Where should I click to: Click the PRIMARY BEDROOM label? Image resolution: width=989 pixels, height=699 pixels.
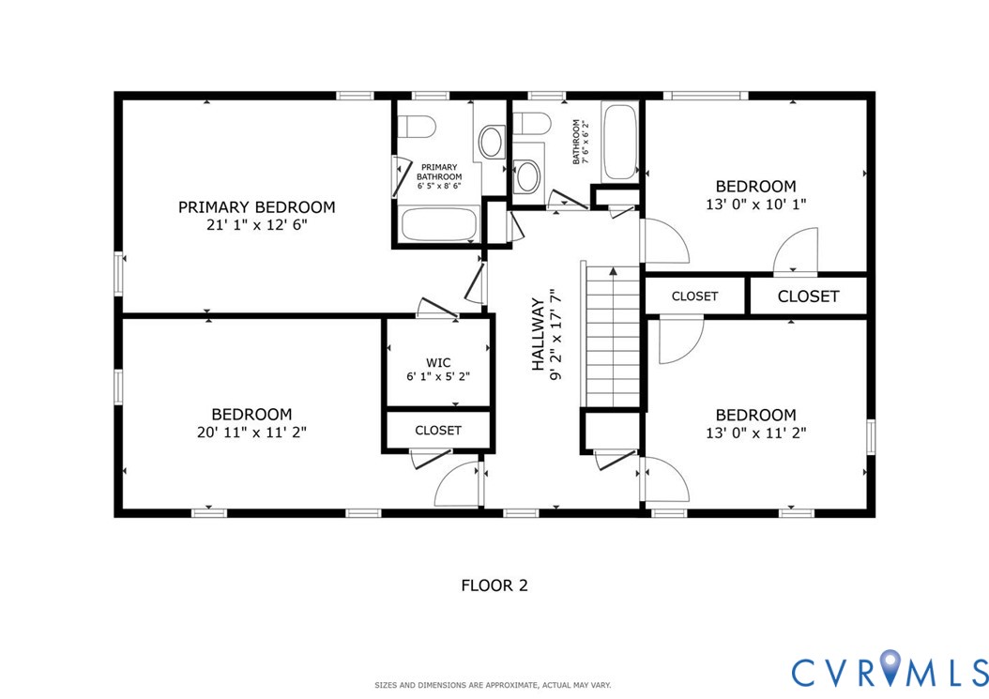coord(256,207)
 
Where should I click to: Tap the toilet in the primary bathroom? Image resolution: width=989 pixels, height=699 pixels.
coord(415,126)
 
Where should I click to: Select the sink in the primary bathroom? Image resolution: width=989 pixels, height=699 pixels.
coord(490,142)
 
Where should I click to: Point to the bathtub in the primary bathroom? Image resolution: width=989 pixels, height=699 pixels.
coord(439,225)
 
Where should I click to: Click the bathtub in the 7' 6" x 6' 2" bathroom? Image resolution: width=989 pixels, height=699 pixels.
coord(619,142)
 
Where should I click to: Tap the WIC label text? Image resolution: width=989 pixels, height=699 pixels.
coord(438,361)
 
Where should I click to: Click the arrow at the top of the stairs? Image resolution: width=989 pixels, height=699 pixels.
coord(614,272)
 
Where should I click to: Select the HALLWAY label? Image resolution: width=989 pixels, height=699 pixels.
coord(538,335)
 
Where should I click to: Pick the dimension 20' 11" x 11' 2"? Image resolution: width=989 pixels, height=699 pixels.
coord(251,433)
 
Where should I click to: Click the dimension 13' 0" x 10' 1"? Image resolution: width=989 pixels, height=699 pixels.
coord(755,204)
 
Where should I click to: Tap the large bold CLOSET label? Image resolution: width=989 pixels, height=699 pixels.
coord(808,296)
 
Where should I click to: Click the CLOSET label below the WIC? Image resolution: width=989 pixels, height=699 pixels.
coord(438,431)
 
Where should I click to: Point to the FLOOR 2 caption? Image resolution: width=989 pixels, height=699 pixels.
coord(494,585)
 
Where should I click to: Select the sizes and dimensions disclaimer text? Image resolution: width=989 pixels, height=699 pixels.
coord(494,686)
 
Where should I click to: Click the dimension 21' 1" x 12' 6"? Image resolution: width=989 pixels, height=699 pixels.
coord(256,225)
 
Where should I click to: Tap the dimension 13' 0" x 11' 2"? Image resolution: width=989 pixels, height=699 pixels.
coord(755,433)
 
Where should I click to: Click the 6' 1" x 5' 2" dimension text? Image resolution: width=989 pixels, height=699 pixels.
coord(438,376)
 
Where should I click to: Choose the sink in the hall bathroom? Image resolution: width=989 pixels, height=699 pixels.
coord(528,175)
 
